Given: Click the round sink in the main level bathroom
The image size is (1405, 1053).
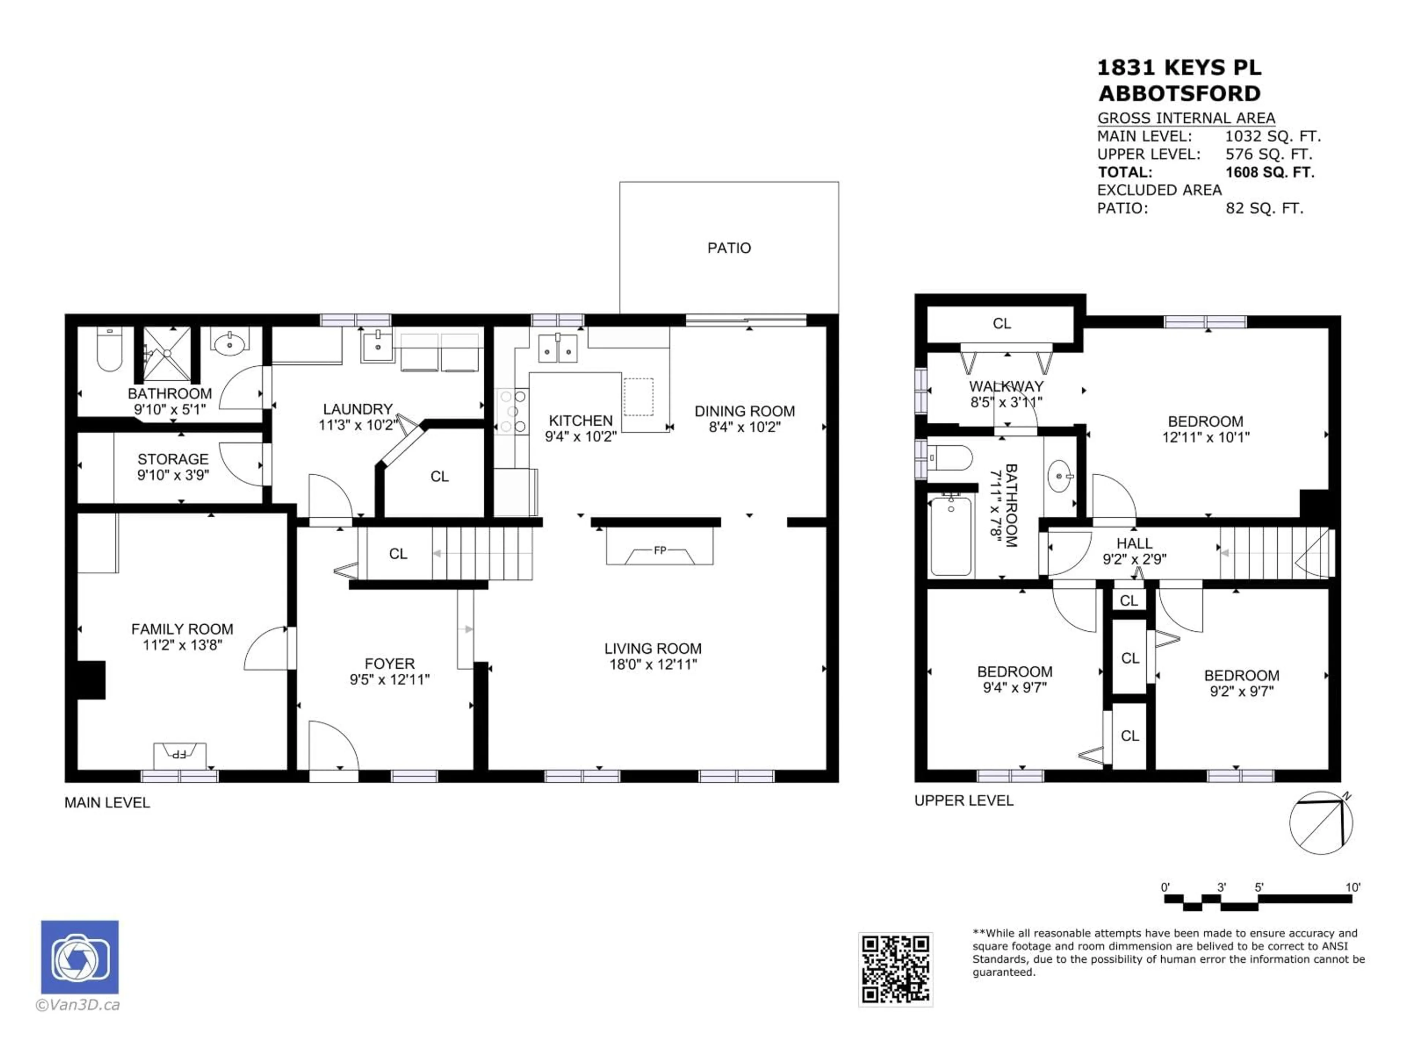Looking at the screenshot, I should tap(229, 345).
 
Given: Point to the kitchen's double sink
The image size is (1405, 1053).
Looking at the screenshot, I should tap(558, 348).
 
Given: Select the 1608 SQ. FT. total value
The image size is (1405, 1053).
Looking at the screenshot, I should tap(1269, 172).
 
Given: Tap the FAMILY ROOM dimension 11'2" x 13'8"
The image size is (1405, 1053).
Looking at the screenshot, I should tap(182, 645).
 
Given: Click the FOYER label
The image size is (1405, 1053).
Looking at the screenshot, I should tap(389, 663).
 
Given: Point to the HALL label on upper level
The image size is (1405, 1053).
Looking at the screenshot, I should tap(1134, 543).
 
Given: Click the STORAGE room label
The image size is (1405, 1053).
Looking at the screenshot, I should tap(173, 459).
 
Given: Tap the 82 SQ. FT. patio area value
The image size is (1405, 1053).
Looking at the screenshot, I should tap(1264, 208).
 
